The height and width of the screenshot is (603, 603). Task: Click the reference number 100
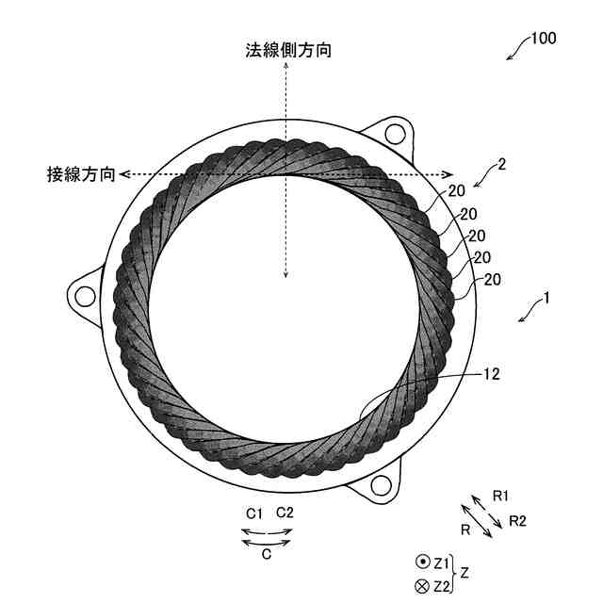(x=544, y=39)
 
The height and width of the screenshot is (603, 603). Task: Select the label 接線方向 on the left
(x=82, y=174)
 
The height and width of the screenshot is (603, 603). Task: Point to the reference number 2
(x=502, y=164)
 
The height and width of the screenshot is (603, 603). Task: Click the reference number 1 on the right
(x=544, y=301)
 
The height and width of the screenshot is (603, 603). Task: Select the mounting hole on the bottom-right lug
(x=380, y=484)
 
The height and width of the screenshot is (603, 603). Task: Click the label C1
(x=253, y=513)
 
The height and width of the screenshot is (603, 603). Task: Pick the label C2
(x=285, y=513)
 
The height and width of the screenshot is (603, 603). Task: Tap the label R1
(x=500, y=496)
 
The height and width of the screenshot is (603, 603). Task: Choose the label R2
(x=518, y=520)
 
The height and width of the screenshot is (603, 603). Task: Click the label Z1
(x=442, y=562)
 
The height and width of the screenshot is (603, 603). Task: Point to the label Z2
(x=442, y=586)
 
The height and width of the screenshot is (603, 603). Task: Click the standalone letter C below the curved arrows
(x=267, y=555)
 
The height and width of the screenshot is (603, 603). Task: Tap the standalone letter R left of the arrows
(x=465, y=530)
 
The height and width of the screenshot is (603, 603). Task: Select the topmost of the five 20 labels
(x=457, y=189)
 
